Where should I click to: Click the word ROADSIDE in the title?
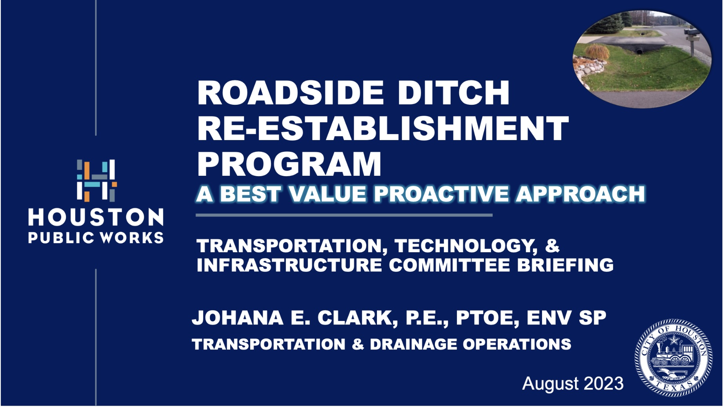291,93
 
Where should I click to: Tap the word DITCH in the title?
453,93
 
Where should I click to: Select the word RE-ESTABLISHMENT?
383,128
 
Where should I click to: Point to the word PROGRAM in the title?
289,164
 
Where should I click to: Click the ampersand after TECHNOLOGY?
552,246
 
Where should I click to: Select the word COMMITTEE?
449,265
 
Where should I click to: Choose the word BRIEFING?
565,265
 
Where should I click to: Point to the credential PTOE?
488,318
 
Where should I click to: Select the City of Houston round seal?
673,358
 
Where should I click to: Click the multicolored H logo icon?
96,180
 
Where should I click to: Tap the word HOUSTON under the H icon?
96,217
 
